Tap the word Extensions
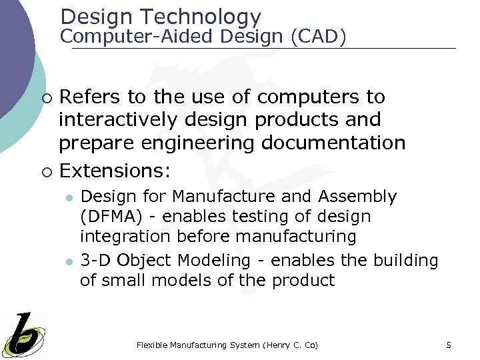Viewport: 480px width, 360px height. pos(115,171)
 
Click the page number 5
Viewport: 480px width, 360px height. pos(449,345)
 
